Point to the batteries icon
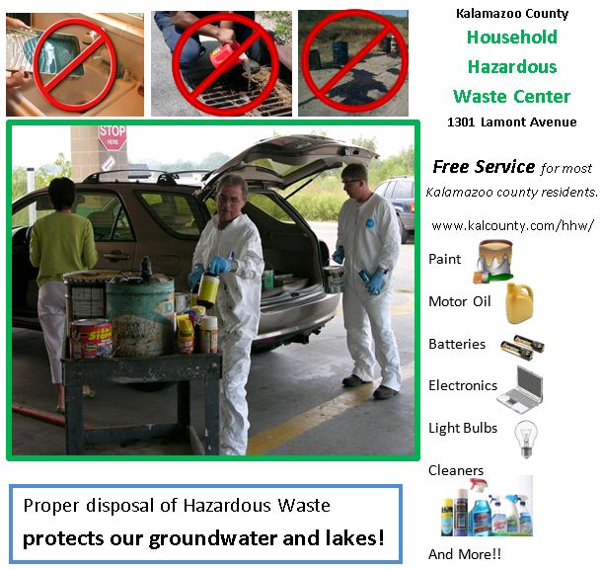coord(522,345)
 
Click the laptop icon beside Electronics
coord(520,388)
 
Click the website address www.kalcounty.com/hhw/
coord(512,225)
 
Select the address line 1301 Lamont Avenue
coord(511,122)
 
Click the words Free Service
coord(484,167)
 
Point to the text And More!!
coord(465,554)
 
